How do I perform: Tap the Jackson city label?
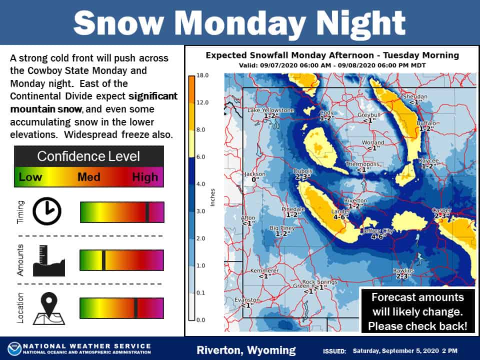[254, 174]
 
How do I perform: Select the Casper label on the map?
[441, 210]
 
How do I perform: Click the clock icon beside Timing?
[47, 211]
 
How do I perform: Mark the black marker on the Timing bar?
[147, 212]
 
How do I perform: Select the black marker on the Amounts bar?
[103, 260]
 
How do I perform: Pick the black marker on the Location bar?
[135, 308]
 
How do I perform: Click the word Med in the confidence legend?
[88, 177]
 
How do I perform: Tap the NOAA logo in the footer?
[14, 349]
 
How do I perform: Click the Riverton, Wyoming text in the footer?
[246, 350]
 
